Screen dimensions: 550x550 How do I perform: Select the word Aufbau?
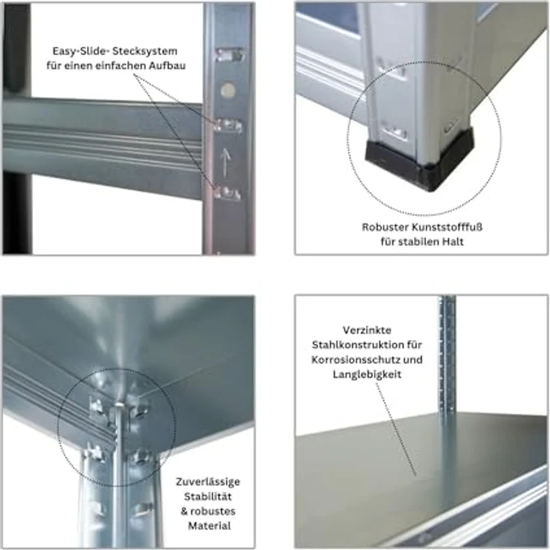(167, 66)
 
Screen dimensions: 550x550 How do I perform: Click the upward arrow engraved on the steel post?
(224, 162)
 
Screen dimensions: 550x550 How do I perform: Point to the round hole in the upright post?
(228, 90)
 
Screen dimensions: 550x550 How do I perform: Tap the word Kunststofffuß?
(447, 227)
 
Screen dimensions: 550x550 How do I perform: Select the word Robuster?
(384, 227)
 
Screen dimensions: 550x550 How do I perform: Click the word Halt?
(453, 241)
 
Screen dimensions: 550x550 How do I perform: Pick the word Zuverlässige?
(208, 482)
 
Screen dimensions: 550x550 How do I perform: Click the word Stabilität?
(208, 497)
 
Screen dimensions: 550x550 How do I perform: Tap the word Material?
(209, 526)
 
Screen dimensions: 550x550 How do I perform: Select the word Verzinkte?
(367, 330)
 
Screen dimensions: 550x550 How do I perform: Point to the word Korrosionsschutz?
(355, 360)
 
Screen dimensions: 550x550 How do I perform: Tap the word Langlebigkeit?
(367, 374)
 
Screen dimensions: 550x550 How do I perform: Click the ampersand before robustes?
(185, 511)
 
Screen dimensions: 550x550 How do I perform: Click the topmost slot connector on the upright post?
(229, 55)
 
